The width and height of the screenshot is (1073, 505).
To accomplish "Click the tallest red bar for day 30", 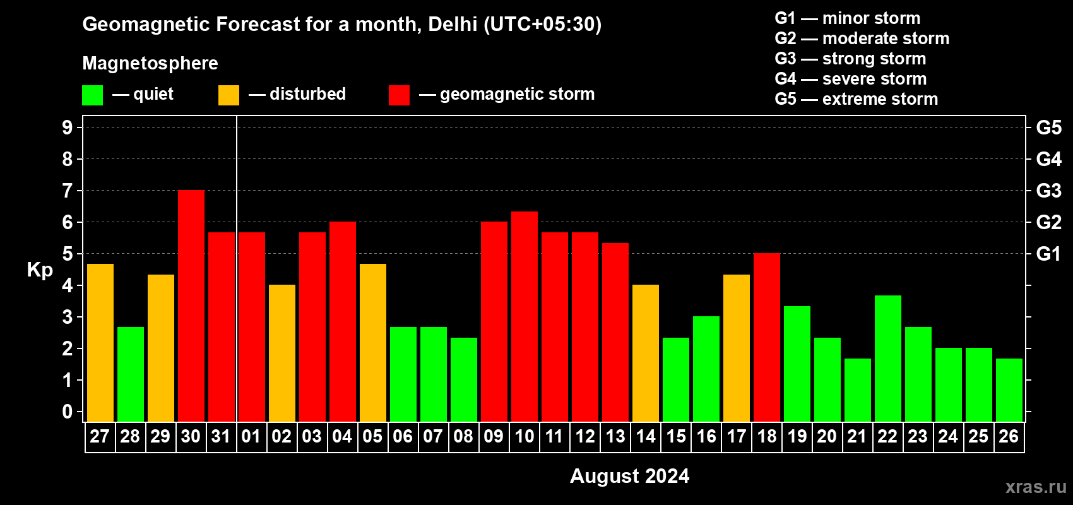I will pyautogui.click(x=191, y=306).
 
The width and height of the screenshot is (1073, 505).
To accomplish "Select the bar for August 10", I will pyautogui.click(x=524, y=316).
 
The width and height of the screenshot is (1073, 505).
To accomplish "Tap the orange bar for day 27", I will pyautogui.click(x=100, y=343).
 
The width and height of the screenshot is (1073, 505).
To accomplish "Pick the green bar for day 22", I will pyautogui.click(x=887, y=359).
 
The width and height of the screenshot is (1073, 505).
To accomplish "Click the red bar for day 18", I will pyautogui.click(x=766, y=337).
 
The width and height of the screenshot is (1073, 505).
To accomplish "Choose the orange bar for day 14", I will pyautogui.click(x=645, y=353).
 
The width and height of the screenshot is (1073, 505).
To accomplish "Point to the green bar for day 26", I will pyautogui.click(x=1009, y=390).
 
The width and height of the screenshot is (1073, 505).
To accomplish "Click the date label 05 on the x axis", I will pyautogui.click(x=372, y=436).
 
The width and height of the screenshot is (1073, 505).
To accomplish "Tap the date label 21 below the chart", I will pyautogui.click(x=857, y=436).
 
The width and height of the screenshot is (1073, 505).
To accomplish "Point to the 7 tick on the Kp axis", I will pyautogui.click(x=68, y=191).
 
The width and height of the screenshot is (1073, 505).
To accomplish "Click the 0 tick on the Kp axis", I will pyautogui.click(x=68, y=412).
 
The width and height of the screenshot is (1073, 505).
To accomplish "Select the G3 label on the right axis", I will pyautogui.click(x=1048, y=191).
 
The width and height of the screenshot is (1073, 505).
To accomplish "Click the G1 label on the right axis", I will pyautogui.click(x=1048, y=254).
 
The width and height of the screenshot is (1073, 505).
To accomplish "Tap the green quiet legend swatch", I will pyautogui.click(x=92, y=95).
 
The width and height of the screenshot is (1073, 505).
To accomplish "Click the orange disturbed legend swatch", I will pyautogui.click(x=228, y=95).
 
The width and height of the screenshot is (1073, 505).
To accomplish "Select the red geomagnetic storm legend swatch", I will pyautogui.click(x=399, y=95).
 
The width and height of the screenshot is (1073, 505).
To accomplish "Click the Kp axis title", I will pyautogui.click(x=40, y=270).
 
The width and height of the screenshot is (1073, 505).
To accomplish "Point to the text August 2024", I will pyautogui.click(x=629, y=476).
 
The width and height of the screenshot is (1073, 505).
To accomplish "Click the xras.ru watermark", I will pyautogui.click(x=1035, y=487).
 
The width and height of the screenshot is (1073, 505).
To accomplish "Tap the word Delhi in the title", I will pyautogui.click(x=453, y=24).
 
